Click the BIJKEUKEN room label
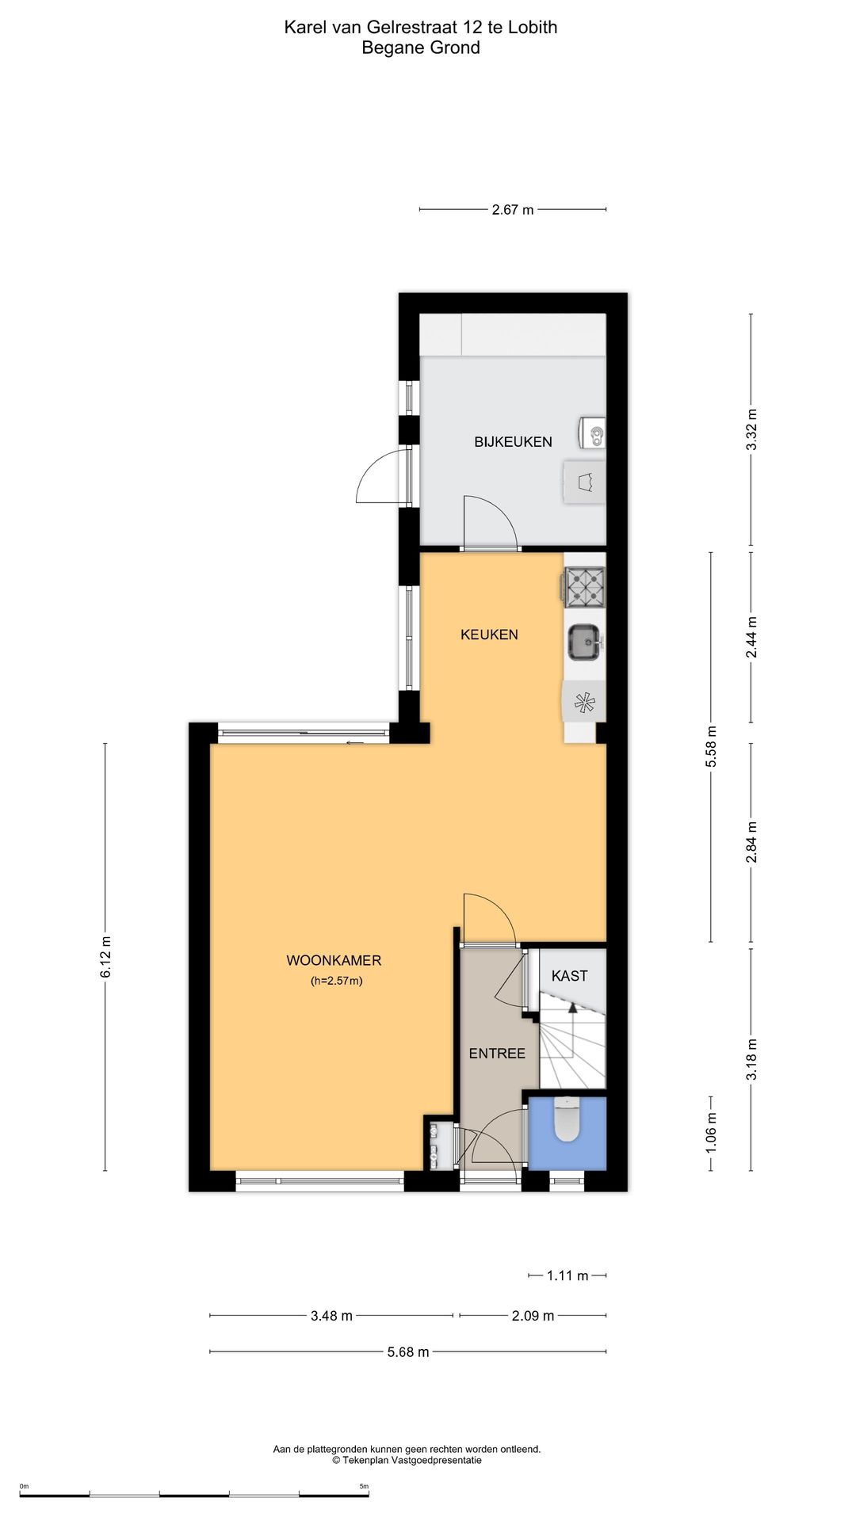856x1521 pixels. (x=513, y=442)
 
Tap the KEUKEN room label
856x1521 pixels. (x=489, y=635)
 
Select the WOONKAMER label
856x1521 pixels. (x=334, y=961)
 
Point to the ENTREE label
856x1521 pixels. (x=497, y=1054)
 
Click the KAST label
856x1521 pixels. (x=569, y=976)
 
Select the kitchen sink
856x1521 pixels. (x=585, y=642)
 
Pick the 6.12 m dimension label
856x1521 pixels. (x=106, y=957)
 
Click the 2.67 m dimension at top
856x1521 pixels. (x=513, y=210)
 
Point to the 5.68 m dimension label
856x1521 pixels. (x=408, y=1352)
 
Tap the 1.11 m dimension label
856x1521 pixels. (x=567, y=1275)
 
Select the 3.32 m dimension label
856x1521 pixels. (x=751, y=429)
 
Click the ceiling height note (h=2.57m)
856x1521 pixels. (x=336, y=982)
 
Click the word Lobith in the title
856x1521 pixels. (x=533, y=28)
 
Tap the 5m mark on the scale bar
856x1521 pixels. (x=364, y=1486)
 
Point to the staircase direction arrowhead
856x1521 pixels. (x=573, y=1007)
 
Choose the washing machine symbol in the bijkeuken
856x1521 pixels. (x=585, y=482)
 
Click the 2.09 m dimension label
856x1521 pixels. (x=533, y=1316)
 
